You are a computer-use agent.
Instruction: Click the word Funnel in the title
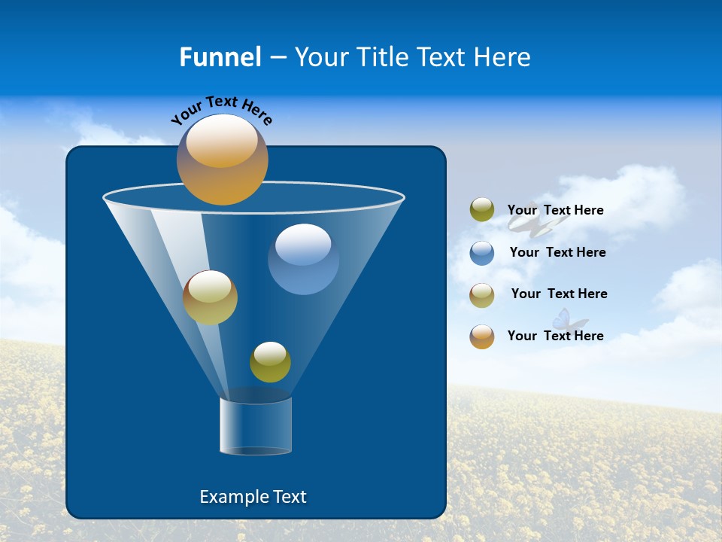(x=220, y=57)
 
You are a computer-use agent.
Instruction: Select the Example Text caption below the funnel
(x=253, y=497)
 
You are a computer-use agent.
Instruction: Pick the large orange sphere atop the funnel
(x=223, y=160)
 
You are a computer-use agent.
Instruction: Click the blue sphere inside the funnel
(x=303, y=259)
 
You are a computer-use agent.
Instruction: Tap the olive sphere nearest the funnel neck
(x=270, y=362)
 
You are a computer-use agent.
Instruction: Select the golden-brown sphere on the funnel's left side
(x=210, y=297)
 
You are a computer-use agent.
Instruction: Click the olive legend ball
(x=482, y=210)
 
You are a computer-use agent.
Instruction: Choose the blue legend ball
(x=482, y=252)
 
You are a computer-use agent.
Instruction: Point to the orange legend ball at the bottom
(x=482, y=336)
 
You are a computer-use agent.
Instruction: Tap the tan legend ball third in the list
(x=482, y=295)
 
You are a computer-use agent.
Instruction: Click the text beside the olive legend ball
(x=555, y=210)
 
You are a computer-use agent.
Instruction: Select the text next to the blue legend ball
(x=557, y=252)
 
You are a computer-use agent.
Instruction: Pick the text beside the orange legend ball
(x=555, y=336)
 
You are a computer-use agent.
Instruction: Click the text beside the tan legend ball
(x=559, y=294)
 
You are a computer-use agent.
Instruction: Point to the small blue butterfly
(x=569, y=321)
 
